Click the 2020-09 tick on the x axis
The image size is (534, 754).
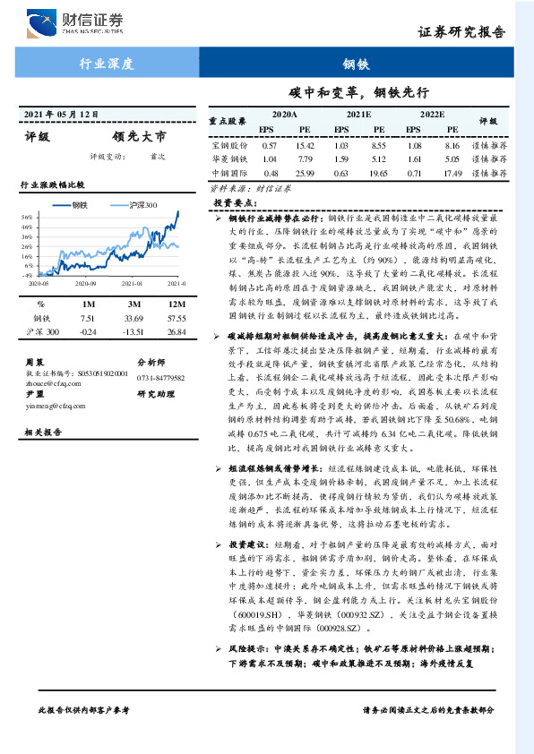[x=87, y=282]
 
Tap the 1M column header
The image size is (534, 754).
[x=88, y=303]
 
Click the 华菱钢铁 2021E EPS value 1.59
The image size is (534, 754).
[x=340, y=159]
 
